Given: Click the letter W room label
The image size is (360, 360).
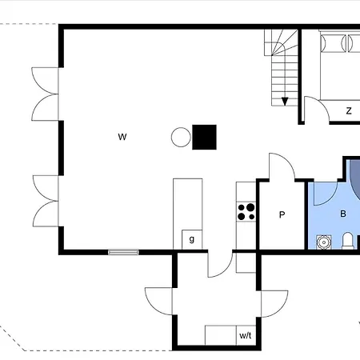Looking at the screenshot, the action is click(x=122, y=137).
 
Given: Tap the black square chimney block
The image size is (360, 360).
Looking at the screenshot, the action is click(x=204, y=137).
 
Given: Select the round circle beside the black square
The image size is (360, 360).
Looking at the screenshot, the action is click(x=181, y=137).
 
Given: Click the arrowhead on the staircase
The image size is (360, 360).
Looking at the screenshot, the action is click(x=285, y=102).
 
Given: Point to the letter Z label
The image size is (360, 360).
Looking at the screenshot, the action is click(x=349, y=110).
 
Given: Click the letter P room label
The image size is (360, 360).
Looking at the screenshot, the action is click(x=282, y=214).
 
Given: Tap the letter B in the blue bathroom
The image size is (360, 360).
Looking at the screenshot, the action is click(x=343, y=214).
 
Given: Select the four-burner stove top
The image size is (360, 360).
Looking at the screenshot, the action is click(x=246, y=212).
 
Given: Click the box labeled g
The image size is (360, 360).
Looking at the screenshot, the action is click(x=192, y=239).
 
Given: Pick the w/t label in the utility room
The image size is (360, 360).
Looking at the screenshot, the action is click(x=246, y=335).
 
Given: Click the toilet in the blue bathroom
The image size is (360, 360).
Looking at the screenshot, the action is click(x=348, y=241).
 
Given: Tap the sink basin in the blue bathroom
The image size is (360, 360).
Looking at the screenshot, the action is click(x=324, y=242).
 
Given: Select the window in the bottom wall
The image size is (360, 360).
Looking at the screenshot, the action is click(x=123, y=252).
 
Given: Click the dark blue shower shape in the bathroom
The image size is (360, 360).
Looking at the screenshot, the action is click(x=355, y=179).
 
